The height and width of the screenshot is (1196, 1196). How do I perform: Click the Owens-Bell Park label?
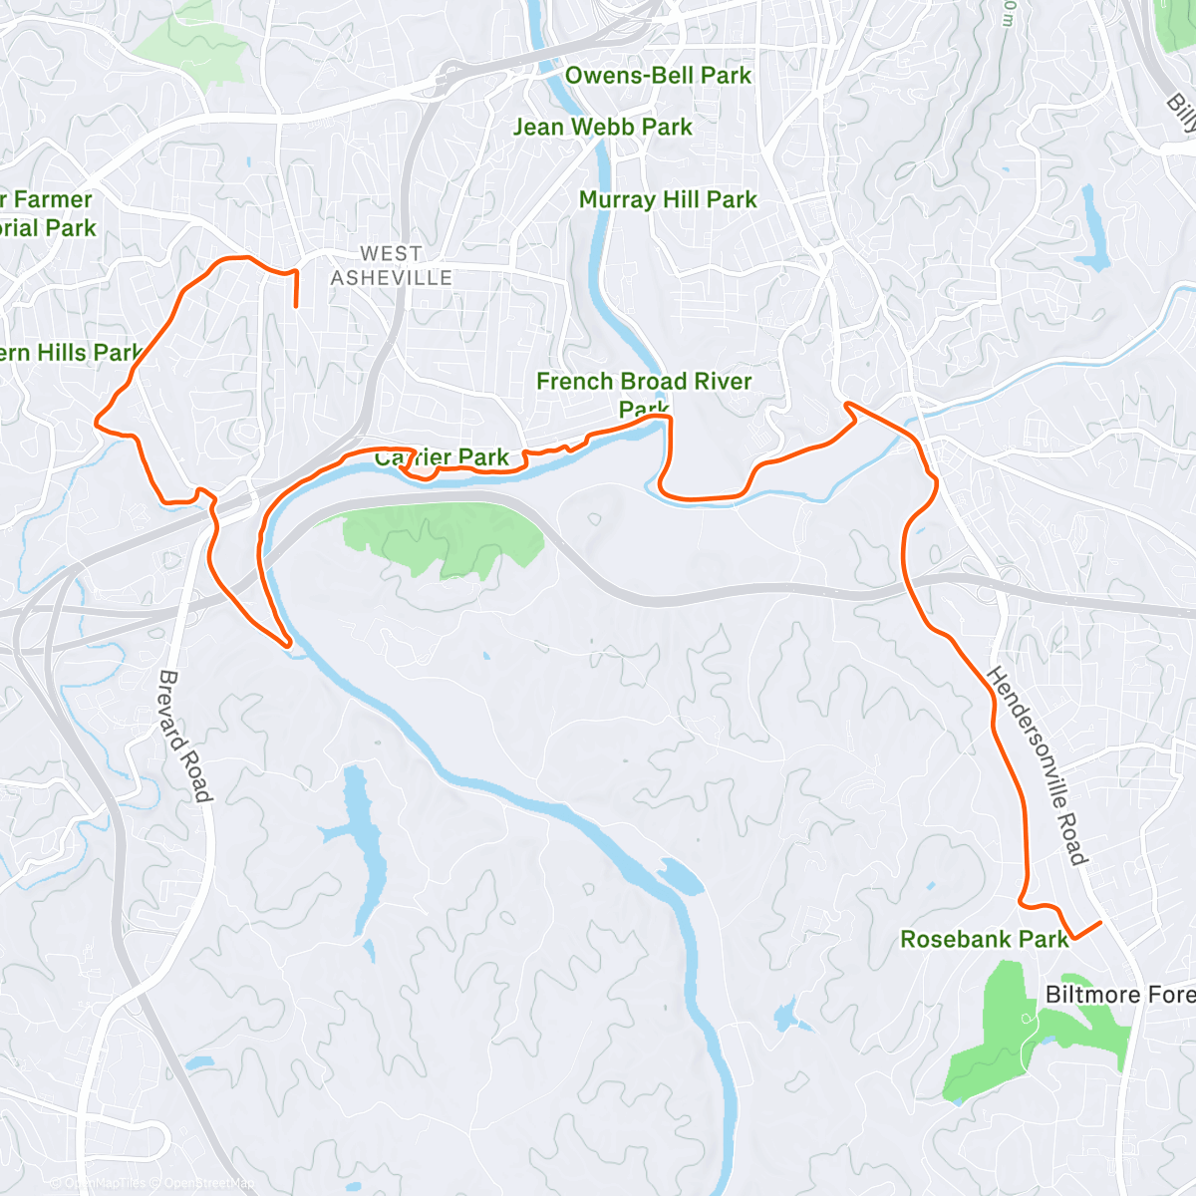click(x=658, y=76)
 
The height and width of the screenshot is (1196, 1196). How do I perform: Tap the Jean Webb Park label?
click(x=602, y=128)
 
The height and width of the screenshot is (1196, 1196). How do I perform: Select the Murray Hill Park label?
click(x=668, y=200)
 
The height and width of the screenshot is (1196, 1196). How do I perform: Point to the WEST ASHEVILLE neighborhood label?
click(x=392, y=266)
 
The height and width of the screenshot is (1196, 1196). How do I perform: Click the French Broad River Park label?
click(x=644, y=394)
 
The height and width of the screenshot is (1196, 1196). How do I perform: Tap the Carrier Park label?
click(x=443, y=457)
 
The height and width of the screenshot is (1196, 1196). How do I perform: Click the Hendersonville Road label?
click(x=1037, y=765)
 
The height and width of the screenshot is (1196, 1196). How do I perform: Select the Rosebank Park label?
click(x=984, y=939)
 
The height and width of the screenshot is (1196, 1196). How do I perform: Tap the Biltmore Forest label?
click(x=1119, y=995)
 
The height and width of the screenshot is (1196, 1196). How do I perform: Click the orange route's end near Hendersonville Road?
click(x=1100, y=923)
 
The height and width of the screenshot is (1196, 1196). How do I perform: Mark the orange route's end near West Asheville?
click(x=296, y=306)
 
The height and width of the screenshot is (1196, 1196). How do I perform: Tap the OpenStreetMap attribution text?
click(x=209, y=1184)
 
